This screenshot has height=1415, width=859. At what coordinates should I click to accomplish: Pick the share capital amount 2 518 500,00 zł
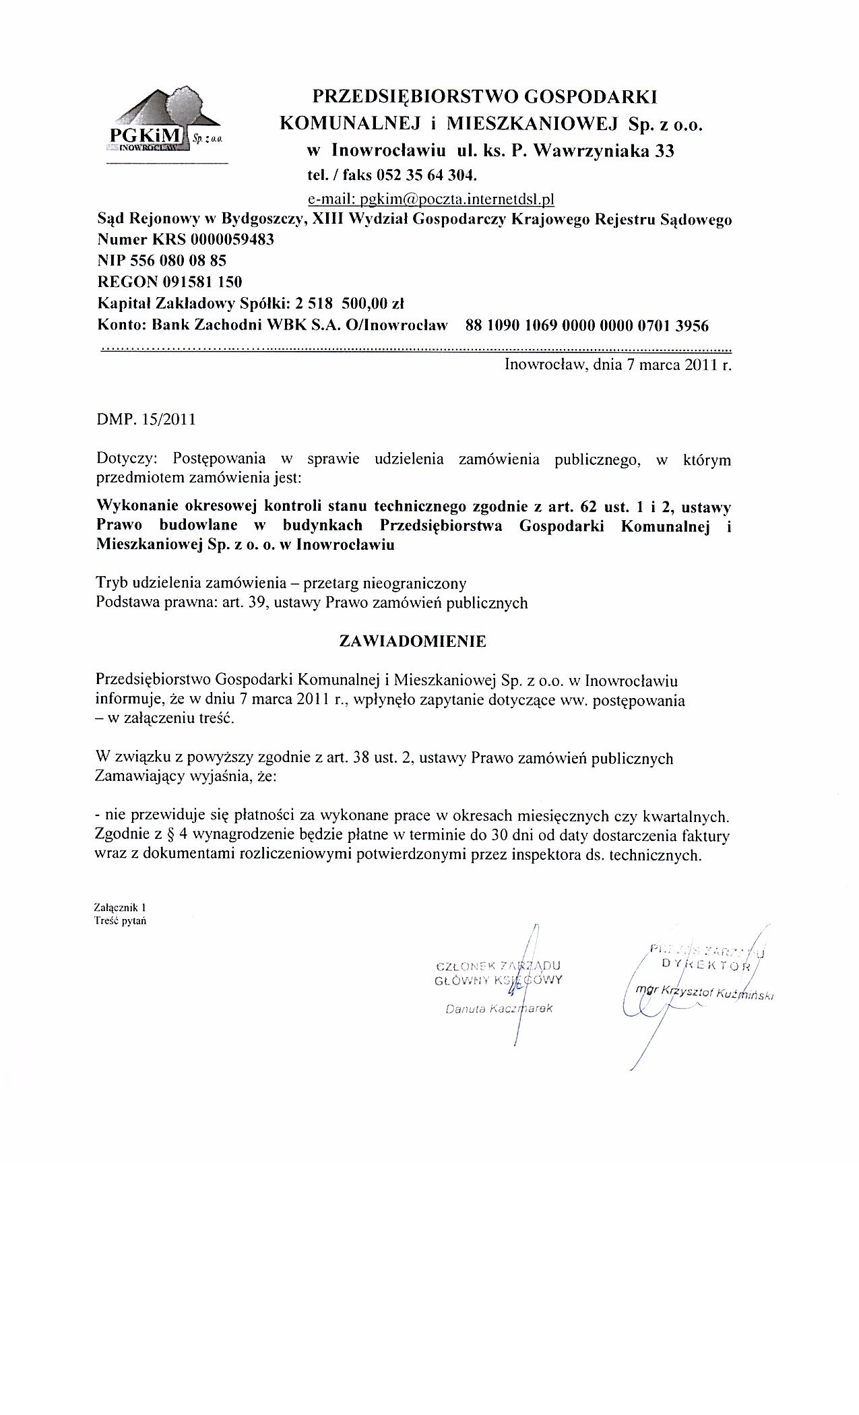(x=345, y=303)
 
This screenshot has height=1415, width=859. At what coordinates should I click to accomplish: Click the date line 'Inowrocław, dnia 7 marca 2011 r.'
(x=617, y=366)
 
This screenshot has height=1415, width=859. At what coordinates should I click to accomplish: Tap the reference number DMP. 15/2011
(x=146, y=420)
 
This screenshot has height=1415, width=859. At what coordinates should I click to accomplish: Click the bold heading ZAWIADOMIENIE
(x=412, y=641)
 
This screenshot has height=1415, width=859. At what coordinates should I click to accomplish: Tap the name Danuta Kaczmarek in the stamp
(x=498, y=1009)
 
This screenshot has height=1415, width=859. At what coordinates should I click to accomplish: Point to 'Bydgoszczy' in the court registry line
(x=263, y=219)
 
